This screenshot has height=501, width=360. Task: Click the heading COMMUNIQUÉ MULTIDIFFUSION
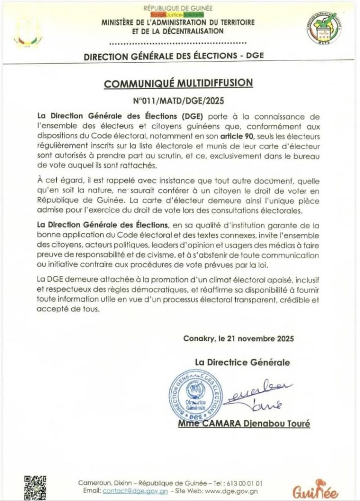coord(179,83)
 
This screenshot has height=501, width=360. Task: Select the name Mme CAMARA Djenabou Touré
coord(244,424)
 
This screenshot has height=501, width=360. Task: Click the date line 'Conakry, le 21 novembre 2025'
coord(239,338)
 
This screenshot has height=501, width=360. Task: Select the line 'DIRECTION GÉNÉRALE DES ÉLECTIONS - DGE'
coord(174,56)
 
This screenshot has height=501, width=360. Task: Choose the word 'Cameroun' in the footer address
coord(93,483)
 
